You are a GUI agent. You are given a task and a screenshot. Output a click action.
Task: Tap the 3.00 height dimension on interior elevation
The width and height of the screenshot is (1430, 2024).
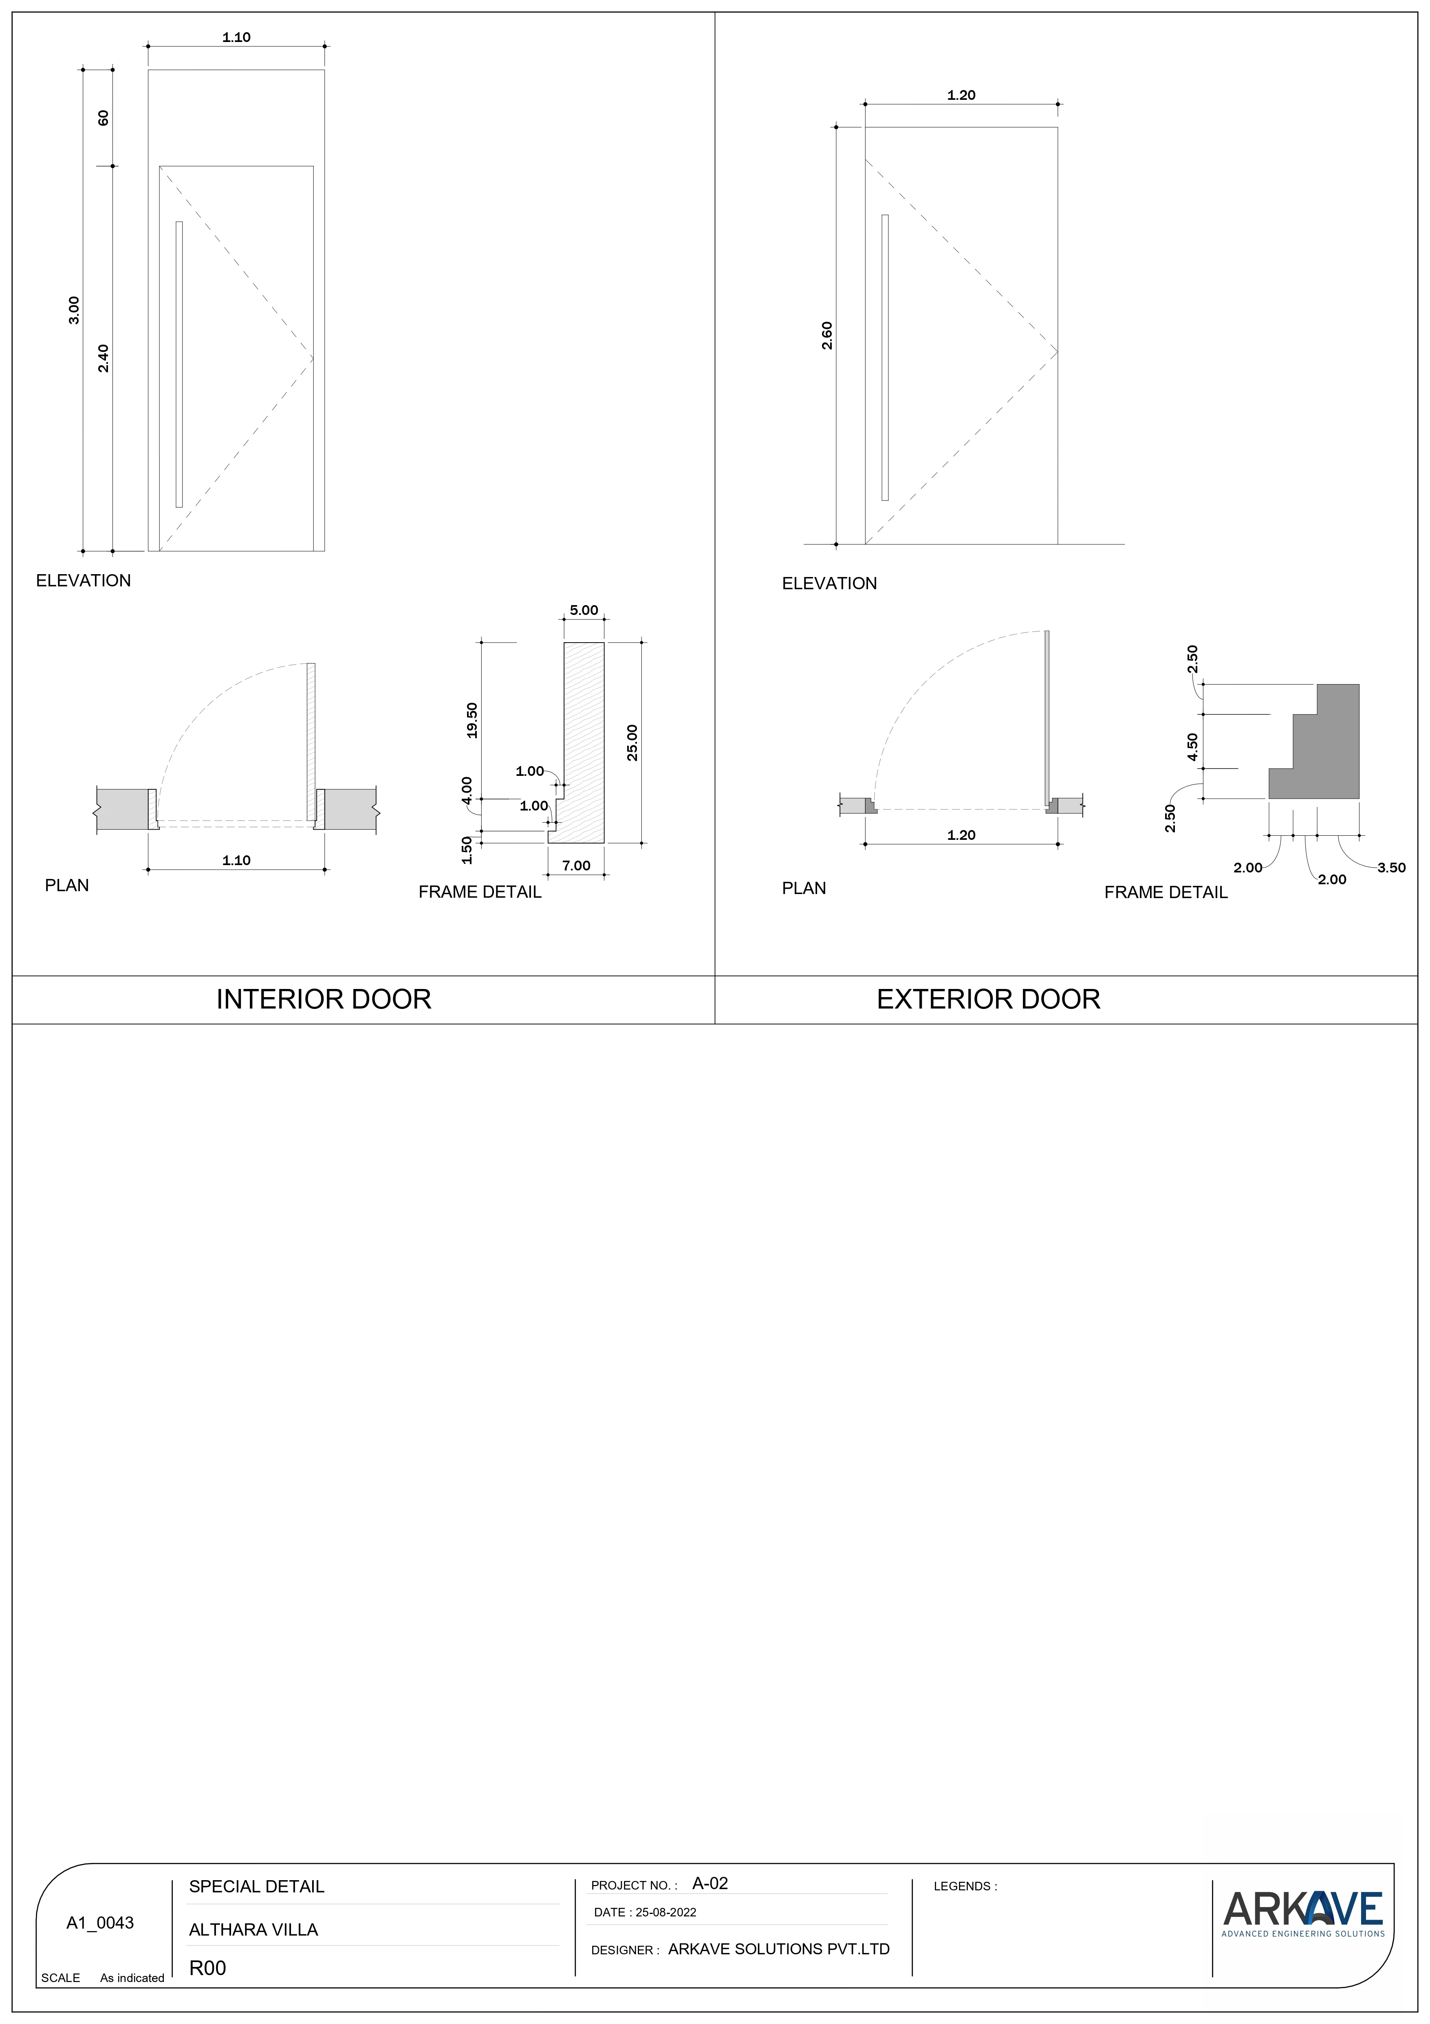click(74, 310)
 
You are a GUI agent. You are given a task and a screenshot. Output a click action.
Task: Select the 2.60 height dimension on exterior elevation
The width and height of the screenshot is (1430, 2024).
click(827, 336)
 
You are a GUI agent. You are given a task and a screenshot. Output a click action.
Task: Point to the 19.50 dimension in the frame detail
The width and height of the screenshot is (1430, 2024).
click(472, 720)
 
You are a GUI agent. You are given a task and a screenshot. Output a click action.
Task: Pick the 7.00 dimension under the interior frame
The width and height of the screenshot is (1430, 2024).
click(577, 866)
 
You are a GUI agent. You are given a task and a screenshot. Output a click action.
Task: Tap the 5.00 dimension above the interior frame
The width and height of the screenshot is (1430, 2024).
click(584, 610)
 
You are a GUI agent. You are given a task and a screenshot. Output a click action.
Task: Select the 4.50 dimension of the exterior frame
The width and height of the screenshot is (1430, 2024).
click(1193, 747)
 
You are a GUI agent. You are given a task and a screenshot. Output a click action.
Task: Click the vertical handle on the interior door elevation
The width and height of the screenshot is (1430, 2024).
click(179, 364)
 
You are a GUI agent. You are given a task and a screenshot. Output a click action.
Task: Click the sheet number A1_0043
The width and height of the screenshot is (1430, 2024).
click(101, 1923)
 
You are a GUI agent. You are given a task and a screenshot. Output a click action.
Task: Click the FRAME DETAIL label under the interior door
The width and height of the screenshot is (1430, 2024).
click(480, 892)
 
